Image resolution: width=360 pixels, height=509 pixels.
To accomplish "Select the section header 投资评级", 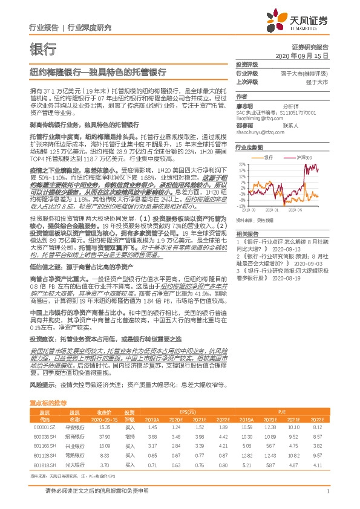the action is click(x=247, y=64).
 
